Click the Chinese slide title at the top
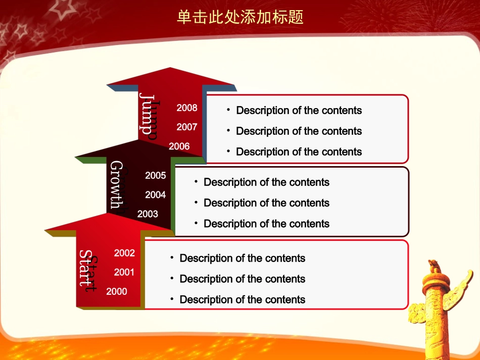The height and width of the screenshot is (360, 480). [240, 18]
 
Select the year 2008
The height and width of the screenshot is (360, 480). [187, 108]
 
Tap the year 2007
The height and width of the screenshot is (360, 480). [187, 127]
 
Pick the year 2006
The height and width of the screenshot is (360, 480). [179, 146]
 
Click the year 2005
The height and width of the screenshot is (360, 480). [156, 176]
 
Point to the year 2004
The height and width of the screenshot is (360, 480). [156, 194]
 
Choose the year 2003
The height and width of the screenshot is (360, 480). [148, 214]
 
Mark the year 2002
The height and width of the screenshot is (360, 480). [124, 253]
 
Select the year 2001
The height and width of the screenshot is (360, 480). [124, 272]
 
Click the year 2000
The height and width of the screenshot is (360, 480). [117, 291]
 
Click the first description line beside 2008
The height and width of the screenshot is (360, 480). [299, 110]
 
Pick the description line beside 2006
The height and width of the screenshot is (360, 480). [299, 151]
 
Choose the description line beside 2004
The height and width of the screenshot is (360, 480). [266, 203]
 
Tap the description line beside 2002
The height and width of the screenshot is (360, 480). [243, 258]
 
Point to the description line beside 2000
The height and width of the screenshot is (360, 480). [243, 299]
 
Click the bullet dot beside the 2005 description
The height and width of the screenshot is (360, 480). [196, 181]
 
